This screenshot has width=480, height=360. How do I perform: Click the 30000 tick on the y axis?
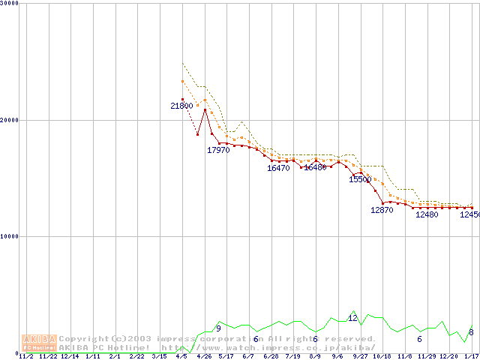click(10, 4)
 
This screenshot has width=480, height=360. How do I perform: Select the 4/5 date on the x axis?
click(181, 356)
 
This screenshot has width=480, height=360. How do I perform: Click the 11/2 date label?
click(25, 356)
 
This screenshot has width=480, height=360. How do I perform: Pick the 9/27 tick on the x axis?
click(359, 356)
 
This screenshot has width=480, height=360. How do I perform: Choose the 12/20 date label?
click(448, 356)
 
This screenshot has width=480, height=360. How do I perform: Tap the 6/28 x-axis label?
click(270, 356)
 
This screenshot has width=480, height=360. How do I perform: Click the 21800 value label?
click(181, 106)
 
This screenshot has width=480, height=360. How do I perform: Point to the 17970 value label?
click(218, 150)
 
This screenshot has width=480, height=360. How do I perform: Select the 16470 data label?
click(278, 168)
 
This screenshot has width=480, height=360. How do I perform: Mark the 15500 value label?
click(360, 179)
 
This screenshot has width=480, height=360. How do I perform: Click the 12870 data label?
click(382, 210)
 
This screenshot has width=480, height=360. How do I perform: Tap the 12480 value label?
click(427, 214)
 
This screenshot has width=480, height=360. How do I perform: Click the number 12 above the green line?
click(352, 318)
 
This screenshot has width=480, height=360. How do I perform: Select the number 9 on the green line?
click(218, 328)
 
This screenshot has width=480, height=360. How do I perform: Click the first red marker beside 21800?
click(182, 99)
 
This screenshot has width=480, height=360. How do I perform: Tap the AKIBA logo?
click(40, 343)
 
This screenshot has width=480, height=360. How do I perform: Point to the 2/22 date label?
click(136, 356)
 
